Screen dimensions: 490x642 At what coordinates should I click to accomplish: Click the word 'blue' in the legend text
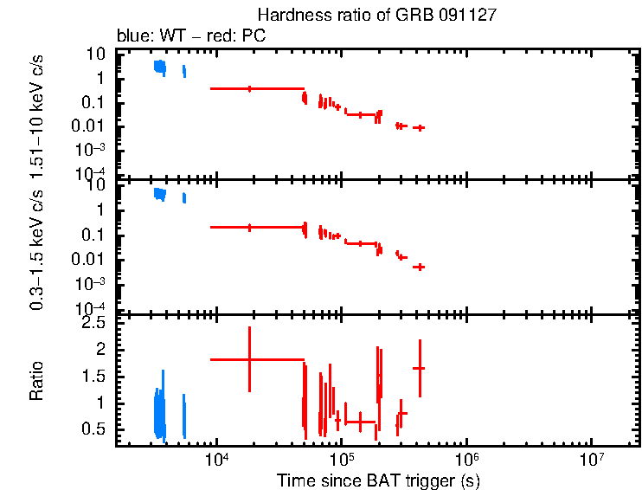(x=132, y=36)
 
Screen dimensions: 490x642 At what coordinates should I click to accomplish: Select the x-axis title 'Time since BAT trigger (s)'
(x=378, y=480)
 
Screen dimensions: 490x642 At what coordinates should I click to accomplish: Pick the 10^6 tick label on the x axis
(x=467, y=457)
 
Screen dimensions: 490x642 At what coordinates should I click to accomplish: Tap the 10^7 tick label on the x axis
(x=592, y=457)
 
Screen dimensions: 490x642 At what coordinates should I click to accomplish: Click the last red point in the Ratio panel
(x=419, y=369)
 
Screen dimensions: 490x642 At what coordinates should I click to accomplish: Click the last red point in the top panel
(x=419, y=127)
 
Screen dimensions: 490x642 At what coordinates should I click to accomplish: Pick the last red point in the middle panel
(x=419, y=267)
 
